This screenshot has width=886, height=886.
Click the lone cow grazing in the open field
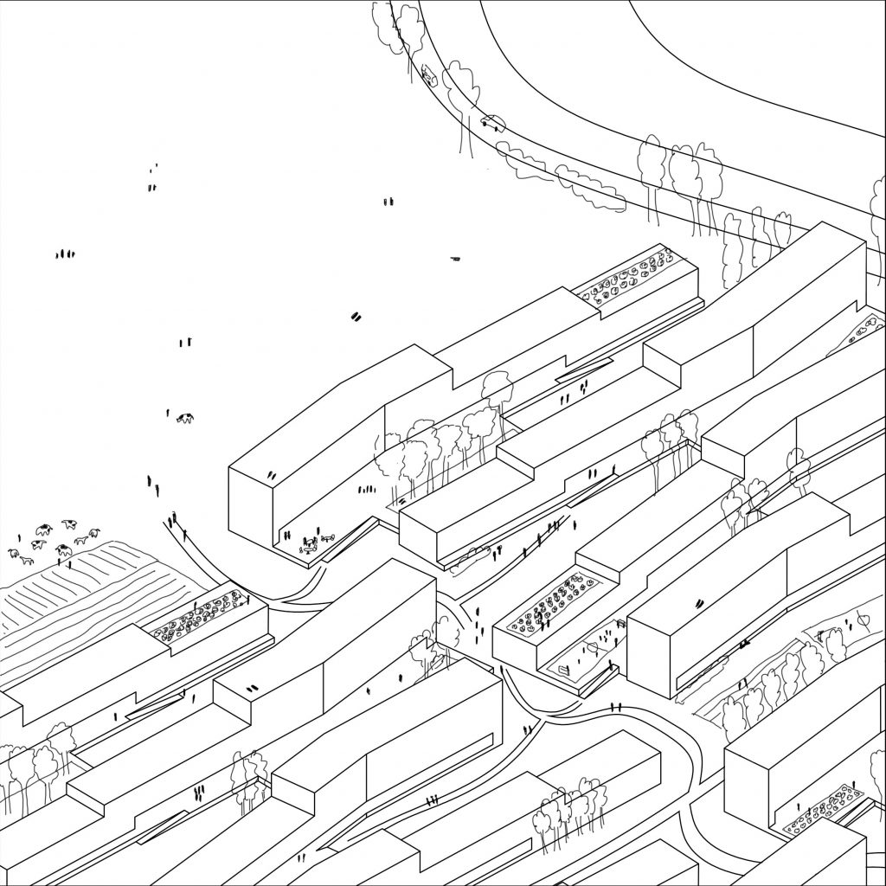184,419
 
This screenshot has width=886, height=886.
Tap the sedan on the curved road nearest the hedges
491,123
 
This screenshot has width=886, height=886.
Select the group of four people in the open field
64,254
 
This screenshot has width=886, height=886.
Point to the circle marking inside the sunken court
592,645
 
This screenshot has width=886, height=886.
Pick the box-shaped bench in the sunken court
563,670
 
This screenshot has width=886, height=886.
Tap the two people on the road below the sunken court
615,706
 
